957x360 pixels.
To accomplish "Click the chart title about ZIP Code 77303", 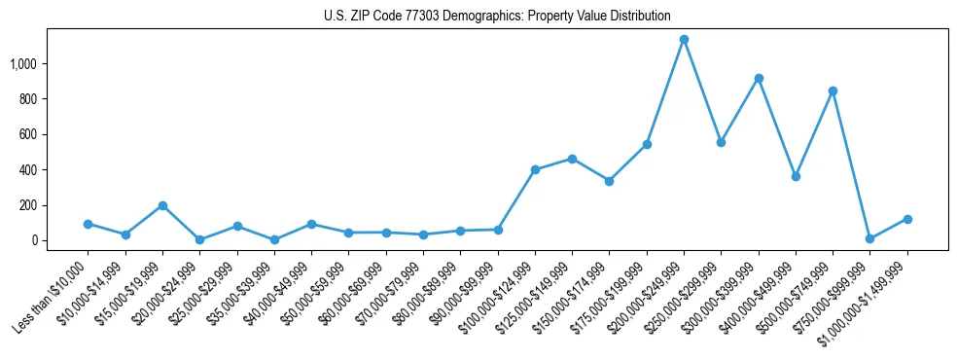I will pos(497,16).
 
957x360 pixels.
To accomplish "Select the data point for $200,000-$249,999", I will pos(684,40).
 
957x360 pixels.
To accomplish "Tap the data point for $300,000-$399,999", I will pos(759,78).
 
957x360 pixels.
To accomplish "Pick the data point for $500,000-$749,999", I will pos(833,90).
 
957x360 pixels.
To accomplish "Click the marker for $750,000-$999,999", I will pos(869,238).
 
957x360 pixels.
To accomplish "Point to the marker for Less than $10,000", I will pos(88,224).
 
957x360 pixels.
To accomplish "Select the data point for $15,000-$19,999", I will pos(162,205).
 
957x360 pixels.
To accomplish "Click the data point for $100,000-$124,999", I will pos(535,169).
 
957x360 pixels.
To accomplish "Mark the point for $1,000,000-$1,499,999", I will pos(907,219).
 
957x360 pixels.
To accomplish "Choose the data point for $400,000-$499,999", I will pos(796,176).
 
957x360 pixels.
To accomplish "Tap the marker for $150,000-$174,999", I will pos(609,181).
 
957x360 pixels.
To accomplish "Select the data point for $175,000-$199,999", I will pos(647,144).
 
